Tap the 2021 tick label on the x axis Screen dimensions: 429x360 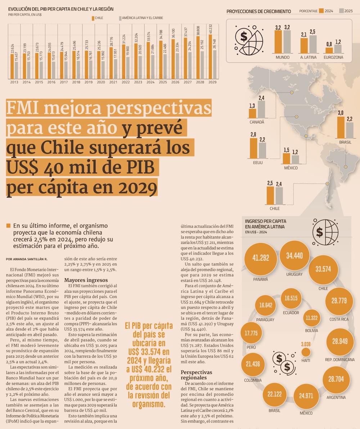tap(113, 82)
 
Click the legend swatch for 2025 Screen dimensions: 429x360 tap(341, 11)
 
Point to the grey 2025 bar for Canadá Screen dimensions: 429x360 tap(261, 110)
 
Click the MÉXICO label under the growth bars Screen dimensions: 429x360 tap(291, 168)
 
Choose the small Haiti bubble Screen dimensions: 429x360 tap(306, 352)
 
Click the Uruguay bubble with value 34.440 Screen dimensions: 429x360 tap(294, 255)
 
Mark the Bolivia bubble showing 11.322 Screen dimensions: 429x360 tap(311, 318)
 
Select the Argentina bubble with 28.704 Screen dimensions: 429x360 tap(336, 379)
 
